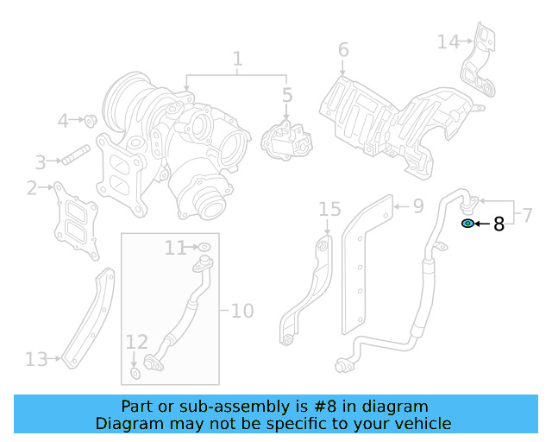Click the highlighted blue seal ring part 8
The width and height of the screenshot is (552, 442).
click(467, 224)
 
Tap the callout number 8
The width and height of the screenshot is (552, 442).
click(498, 225)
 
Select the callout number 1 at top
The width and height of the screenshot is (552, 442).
click(237, 60)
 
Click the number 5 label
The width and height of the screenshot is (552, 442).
click(287, 94)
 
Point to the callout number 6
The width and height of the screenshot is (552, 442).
click(342, 50)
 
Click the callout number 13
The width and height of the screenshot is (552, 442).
click(36, 358)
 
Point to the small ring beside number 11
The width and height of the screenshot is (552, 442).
click(204, 249)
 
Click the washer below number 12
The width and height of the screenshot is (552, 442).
click(136, 373)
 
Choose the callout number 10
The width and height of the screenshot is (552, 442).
click(242, 309)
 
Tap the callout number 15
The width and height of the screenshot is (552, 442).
click(329, 210)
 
